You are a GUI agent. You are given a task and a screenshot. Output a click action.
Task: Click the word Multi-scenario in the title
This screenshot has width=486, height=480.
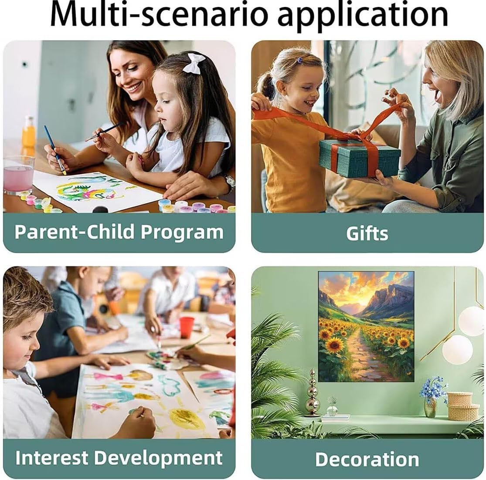(159, 14)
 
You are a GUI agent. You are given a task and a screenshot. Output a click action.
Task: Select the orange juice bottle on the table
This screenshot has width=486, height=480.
(29, 132)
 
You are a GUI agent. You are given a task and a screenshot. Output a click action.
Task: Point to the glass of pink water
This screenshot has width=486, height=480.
(19, 175)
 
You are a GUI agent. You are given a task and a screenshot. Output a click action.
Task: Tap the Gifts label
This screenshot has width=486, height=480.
(367, 233)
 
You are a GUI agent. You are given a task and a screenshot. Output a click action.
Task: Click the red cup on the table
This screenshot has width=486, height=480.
(187, 327)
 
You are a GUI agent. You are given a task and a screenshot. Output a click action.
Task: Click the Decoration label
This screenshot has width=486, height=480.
(367, 459)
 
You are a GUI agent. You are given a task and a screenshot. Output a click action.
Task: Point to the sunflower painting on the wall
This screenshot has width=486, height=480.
(366, 326)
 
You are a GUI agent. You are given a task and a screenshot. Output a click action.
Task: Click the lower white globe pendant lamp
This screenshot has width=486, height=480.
(457, 349)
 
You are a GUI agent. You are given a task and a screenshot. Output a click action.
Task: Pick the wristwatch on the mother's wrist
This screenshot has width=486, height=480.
(229, 183)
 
